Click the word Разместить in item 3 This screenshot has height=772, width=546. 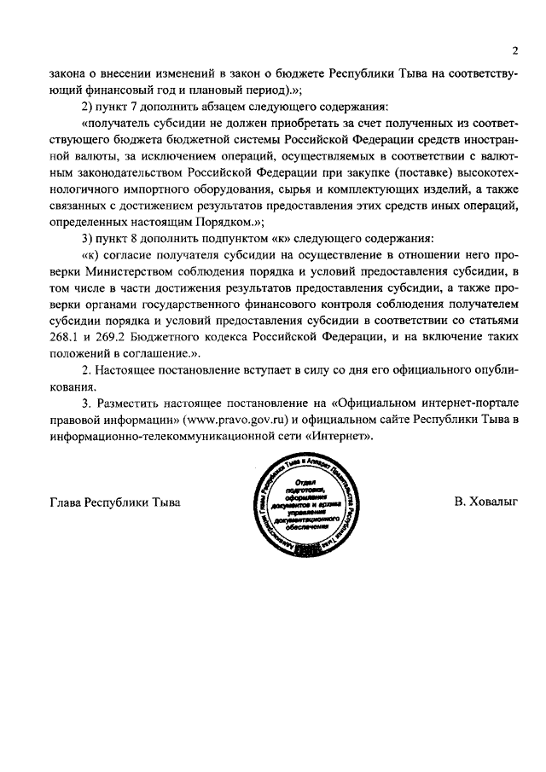tap(128, 403)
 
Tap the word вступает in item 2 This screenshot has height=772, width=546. tap(261, 371)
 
